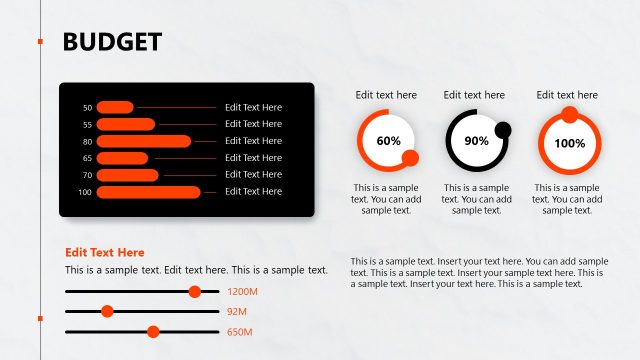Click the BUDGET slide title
click(112, 41)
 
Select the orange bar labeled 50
click(115, 107)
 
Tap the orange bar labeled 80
click(143, 141)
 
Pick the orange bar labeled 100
click(148, 191)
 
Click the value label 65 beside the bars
click(87, 158)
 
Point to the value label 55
click(87, 124)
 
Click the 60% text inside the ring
click(388, 141)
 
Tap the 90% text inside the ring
click(477, 141)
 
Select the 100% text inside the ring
click(569, 143)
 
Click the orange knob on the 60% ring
click(410, 158)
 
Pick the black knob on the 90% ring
click(503, 129)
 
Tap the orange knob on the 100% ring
click(569, 115)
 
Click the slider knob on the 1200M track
click(195, 291)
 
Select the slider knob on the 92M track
click(107, 311)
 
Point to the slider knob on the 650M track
click(153, 331)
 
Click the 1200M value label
click(243, 292)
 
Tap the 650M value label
click(240, 332)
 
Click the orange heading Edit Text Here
click(105, 253)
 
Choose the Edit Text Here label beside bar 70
click(253, 174)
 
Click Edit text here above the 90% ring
click(474, 95)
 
